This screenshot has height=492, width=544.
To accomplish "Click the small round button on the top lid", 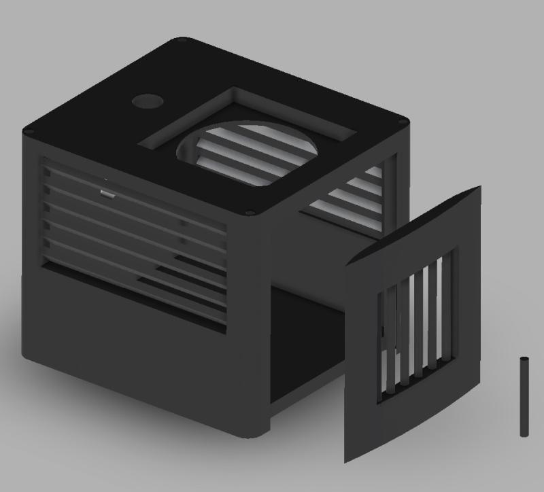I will click(148, 102).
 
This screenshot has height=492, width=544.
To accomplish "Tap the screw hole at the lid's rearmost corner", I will click(182, 41).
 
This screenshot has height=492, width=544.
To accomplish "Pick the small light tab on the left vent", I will click(107, 193).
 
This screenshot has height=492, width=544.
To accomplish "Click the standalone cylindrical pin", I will click(524, 397).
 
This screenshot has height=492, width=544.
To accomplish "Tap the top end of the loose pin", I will click(524, 359).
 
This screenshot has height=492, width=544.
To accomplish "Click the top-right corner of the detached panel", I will click(480, 187).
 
